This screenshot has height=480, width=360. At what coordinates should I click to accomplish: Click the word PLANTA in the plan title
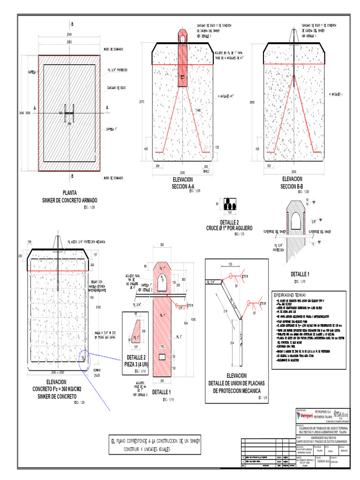70,192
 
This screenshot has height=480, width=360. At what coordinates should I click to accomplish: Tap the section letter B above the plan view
72,24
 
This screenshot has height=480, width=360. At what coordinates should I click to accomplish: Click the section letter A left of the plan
35,108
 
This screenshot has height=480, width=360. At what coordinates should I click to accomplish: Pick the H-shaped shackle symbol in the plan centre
70,113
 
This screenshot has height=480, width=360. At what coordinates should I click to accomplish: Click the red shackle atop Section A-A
182,37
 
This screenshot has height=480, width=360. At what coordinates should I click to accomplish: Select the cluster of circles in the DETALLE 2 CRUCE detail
230,204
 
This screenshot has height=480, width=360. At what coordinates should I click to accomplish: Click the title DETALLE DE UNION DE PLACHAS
236,383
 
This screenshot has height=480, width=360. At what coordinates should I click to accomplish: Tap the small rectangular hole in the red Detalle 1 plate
162,358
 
